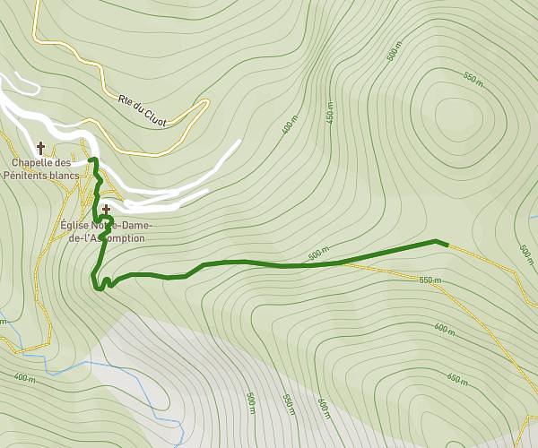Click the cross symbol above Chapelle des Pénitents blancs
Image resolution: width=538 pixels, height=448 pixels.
click(40, 148)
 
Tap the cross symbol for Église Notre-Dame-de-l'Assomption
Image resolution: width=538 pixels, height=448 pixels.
click(106, 210)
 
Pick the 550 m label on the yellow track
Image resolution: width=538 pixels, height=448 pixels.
click(430, 280)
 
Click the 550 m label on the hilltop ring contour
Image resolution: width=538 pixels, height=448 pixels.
click(473, 80)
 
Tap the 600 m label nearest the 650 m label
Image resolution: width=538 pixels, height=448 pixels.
click(445, 329)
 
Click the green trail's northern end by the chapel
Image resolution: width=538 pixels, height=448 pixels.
click(93, 159)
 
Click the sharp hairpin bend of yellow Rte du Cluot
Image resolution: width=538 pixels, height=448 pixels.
click(204, 106)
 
